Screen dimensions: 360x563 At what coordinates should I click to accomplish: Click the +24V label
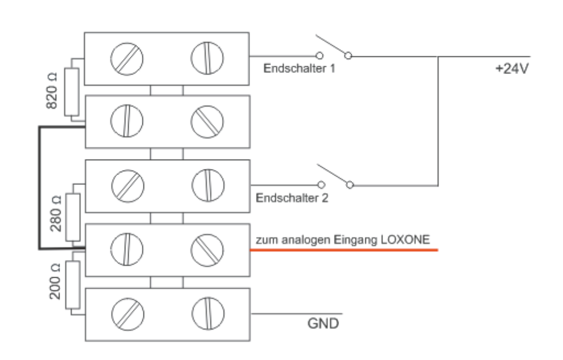tap(513, 71)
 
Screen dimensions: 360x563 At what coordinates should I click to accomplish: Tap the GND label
tap(323, 322)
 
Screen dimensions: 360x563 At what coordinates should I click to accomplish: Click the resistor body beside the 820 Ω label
tap(72, 92)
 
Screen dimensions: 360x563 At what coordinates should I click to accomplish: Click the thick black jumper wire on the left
tap(39, 188)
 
